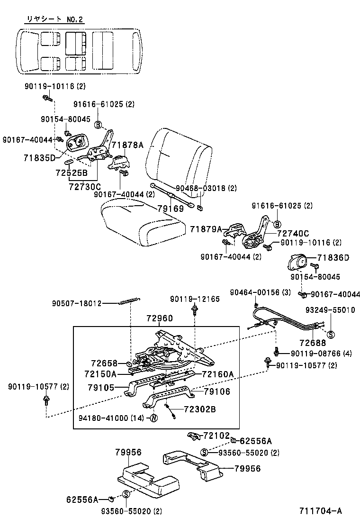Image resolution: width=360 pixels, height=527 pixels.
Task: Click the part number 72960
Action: pyautogui.click(x=159, y=318)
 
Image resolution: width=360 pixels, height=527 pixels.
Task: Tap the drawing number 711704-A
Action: pyautogui.click(x=320, y=510)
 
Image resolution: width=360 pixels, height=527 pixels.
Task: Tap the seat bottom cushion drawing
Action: pyautogui.click(x=141, y=220)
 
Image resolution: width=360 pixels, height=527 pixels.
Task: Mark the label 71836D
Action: pyautogui.click(x=333, y=257)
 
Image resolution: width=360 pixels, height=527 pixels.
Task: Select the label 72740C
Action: pyautogui.click(x=293, y=233)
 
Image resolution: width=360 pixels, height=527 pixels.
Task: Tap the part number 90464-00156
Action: pyautogui.click(x=255, y=292)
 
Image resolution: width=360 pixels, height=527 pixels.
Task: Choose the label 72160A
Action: pyautogui.click(x=218, y=374)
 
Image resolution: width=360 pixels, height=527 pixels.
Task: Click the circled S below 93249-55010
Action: pyautogui.click(x=331, y=334)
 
